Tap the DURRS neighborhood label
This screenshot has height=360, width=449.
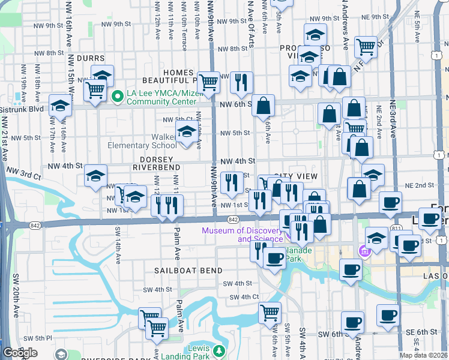click(91, 58)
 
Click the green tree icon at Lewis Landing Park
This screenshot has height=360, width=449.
click(219, 350)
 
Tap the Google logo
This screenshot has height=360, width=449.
click(20, 353)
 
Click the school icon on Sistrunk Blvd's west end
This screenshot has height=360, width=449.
click(60, 106)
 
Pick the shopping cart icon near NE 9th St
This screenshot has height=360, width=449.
click(365, 46)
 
